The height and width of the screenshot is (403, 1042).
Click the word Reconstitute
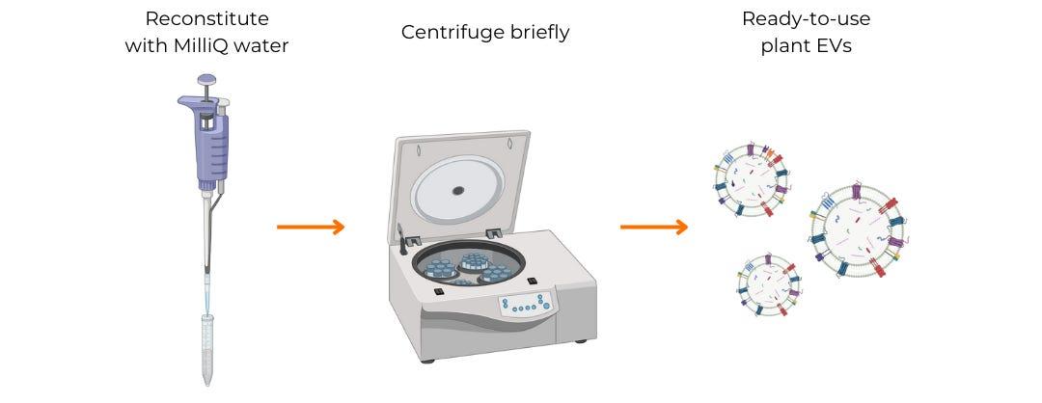[206, 18]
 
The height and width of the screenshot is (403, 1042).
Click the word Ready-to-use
[806, 19]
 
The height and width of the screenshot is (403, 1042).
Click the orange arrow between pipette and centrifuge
[311, 228]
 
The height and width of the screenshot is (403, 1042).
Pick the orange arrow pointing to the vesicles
[654, 228]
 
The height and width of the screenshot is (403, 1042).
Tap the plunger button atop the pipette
[206, 80]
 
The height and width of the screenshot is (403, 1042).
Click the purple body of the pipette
[210, 142]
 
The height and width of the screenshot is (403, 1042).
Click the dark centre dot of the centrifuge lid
[458, 191]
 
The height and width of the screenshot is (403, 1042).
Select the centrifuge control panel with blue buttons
[526, 305]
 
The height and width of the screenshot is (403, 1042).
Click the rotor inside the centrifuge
[469, 265]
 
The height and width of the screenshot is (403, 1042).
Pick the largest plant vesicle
[858, 230]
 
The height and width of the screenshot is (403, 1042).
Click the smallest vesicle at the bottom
[768, 284]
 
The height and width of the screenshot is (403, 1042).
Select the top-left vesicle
[751, 179]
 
